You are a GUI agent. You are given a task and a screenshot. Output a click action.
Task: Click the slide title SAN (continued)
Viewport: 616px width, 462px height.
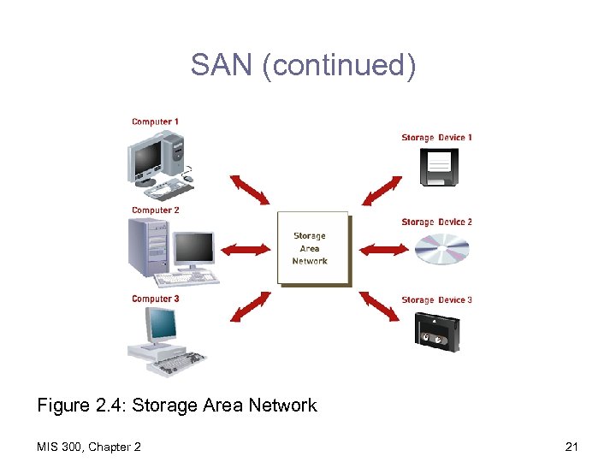coord(304,65)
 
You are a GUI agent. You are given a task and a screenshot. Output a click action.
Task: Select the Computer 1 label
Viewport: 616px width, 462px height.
coord(155,122)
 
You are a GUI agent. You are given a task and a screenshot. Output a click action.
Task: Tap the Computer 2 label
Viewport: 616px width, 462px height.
coord(155,210)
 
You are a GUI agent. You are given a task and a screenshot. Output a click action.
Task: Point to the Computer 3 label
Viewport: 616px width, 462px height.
coord(155,299)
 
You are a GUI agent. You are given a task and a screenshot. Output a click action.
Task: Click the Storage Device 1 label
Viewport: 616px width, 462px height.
coord(436,138)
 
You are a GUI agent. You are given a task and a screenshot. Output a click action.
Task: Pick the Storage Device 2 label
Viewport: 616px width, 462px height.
coord(436,222)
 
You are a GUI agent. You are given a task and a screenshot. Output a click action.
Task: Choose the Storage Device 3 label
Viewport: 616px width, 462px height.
coord(436,300)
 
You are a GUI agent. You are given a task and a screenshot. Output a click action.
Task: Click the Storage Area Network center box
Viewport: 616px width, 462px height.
coord(311,248)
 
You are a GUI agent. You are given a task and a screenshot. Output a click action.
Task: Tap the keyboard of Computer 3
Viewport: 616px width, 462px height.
coord(175,364)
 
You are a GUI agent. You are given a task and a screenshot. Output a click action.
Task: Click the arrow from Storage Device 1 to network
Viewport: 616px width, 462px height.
coord(382,191)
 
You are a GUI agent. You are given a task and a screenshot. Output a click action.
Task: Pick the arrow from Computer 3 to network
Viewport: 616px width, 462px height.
coord(250,307)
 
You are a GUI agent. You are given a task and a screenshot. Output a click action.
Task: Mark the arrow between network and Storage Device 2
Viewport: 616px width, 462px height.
coord(380,250)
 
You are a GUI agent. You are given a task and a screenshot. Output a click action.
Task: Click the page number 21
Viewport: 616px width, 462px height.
coord(572,447)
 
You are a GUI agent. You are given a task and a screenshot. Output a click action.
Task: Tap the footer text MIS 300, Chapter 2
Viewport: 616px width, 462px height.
coord(90,447)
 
